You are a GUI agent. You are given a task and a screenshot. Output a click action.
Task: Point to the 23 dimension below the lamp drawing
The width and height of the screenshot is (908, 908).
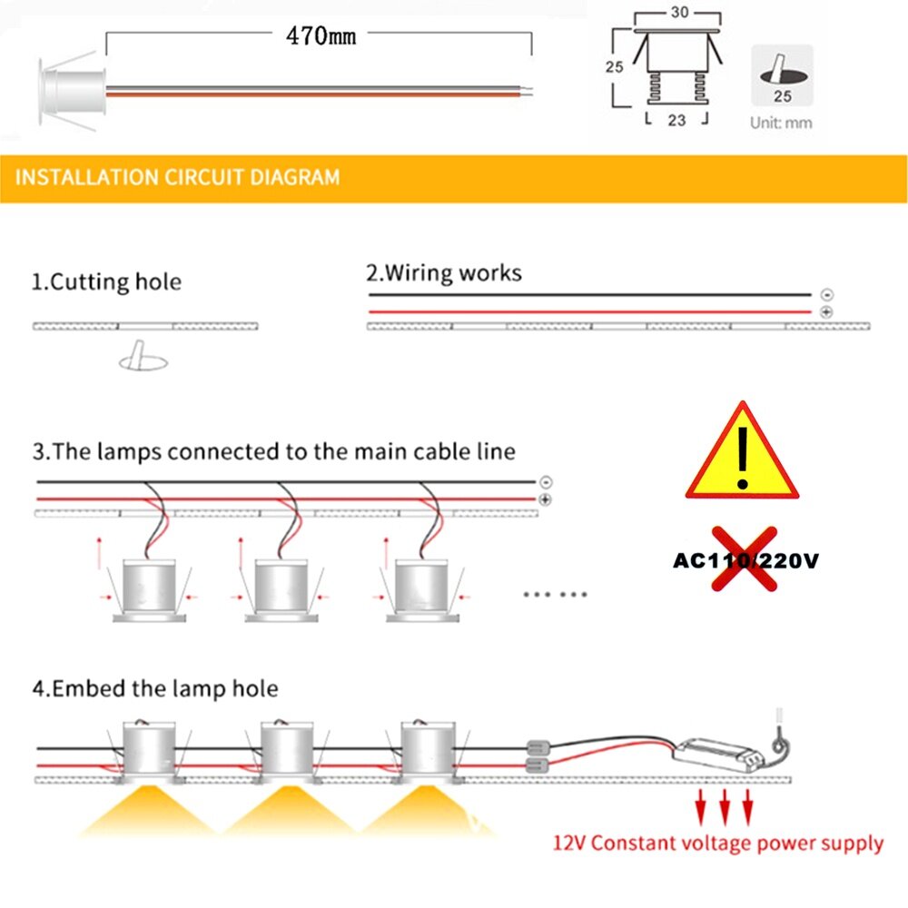pyautogui.click(x=676, y=119)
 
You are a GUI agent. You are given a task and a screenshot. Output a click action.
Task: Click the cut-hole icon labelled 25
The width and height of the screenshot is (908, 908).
pyautogui.click(x=781, y=74)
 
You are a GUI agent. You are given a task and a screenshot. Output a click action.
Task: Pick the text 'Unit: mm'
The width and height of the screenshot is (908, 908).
pyautogui.click(x=781, y=123)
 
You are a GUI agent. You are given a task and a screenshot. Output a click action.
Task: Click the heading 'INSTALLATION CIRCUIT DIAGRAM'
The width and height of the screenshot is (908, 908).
pyautogui.click(x=178, y=176)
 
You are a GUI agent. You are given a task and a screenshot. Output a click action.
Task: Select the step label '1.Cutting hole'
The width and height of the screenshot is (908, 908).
pyautogui.click(x=107, y=281)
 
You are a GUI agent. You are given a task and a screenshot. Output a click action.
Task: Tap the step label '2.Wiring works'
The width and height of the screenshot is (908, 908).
pyautogui.click(x=444, y=272)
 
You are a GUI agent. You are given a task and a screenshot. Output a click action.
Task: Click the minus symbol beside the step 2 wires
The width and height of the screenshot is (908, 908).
pyautogui.click(x=826, y=295)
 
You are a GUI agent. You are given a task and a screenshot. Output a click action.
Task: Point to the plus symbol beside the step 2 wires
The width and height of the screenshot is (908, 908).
pyautogui.click(x=826, y=311)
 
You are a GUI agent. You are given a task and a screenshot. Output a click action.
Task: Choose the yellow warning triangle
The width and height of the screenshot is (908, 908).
pyautogui.click(x=742, y=453)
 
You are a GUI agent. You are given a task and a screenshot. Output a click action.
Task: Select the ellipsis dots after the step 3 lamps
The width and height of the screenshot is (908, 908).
pyautogui.click(x=556, y=594)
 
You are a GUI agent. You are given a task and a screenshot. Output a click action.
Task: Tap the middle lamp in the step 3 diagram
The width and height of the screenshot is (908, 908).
pyautogui.click(x=282, y=590)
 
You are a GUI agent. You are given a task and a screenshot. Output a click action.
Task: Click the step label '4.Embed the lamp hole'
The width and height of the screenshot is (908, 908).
pyautogui.click(x=155, y=688)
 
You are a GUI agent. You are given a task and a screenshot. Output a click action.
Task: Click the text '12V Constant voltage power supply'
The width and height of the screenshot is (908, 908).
pyautogui.click(x=718, y=844)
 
